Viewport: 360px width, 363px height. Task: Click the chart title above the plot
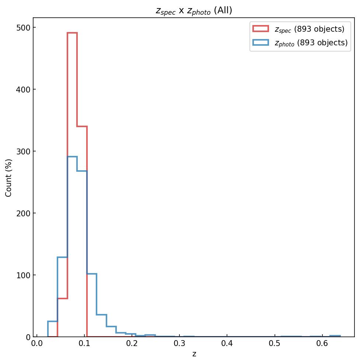coord(194,11)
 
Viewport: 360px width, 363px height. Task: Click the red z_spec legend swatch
coord(261,29)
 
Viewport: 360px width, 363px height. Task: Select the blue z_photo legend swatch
coord(261,43)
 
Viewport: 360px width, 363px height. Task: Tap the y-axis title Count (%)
coord(9,178)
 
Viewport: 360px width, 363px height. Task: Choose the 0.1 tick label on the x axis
coord(84,345)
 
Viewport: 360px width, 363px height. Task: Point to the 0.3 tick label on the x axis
coord(179,345)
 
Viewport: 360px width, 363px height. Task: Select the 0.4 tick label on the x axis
coord(227,345)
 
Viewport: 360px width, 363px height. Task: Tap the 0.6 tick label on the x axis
coord(322,345)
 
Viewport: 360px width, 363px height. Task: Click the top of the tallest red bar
coord(72,33)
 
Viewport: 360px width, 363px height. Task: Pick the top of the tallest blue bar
coord(72,157)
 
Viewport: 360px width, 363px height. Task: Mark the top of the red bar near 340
coord(82,126)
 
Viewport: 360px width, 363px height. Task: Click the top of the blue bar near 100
coord(92,274)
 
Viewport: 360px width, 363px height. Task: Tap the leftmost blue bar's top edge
coord(53,321)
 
